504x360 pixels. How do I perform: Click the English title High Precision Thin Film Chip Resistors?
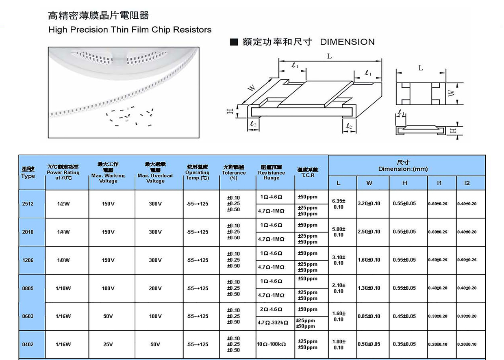coord(130,30)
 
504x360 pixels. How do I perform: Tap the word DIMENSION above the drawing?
coord(347,42)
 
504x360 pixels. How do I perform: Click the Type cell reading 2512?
coord(28,204)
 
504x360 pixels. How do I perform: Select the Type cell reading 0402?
coord(28,345)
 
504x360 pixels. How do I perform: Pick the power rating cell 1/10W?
coord(63,288)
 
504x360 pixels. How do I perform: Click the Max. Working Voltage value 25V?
coord(108,345)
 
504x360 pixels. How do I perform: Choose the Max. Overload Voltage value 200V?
coord(155,288)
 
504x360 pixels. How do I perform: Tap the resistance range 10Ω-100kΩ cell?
coord(271,345)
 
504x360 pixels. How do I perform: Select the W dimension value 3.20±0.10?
coord(369,204)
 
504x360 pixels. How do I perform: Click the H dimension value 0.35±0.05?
coord(404,345)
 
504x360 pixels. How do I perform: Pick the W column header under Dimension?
coord(369,183)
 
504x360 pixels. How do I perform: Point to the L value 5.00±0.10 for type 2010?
coord(339,232)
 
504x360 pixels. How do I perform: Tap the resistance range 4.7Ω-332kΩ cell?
coord(273,323)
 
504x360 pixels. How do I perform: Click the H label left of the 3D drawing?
coord(230,111)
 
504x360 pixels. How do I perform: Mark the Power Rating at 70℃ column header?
coord(63,173)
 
